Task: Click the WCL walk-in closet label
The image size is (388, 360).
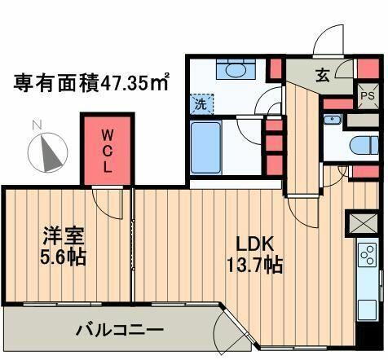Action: pos(107,150)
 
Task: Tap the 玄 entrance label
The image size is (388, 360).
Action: pos(322,76)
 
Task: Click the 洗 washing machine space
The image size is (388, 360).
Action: pos(201,104)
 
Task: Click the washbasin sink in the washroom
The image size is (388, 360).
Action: pos(236,71)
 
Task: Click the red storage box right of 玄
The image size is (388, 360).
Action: pos(356,68)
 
